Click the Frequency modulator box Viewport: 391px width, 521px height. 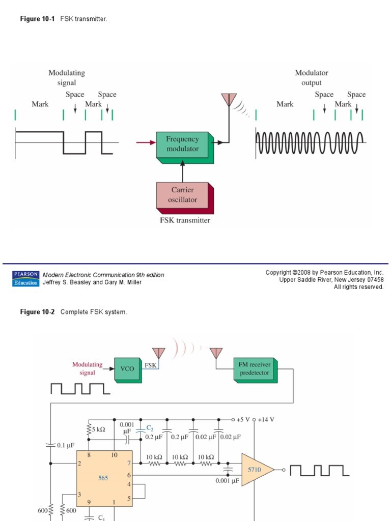(x=182, y=144)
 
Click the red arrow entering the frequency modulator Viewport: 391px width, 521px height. (x=145, y=143)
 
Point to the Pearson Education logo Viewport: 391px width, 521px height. (x=25, y=278)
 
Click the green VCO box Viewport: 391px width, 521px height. (x=127, y=368)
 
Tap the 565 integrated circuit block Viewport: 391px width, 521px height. (x=103, y=478)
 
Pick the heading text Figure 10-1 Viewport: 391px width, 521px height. (x=37, y=19)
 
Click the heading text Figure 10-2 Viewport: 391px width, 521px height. (x=37, y=312)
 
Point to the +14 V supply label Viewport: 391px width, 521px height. (x=265, y=420)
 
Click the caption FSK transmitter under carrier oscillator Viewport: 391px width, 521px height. (x=184, y=220)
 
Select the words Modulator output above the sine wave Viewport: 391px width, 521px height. (x=312, y=78)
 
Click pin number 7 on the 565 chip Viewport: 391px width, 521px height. (x=129, y=463)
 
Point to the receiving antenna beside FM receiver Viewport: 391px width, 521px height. (x=216, y=353)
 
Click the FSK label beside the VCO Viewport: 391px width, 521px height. (x=150, y=365)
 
